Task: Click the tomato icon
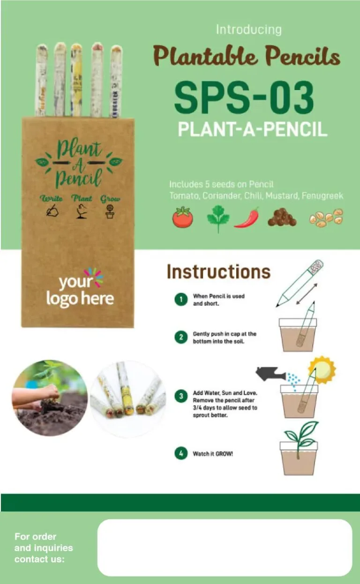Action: pos(183,217)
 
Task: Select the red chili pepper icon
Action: pos(247,218)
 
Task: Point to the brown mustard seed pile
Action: pos(282,218)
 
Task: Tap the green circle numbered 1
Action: pos(181,299)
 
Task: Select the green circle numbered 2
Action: pos(181,337)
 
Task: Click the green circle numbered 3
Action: pos(181,396)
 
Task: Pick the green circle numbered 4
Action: pos(181,454)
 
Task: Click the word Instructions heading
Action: pos(218,272)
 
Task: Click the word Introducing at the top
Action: pos(249,30)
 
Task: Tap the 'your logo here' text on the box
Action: pos(80,290)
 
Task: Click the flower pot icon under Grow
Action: pos(110,212)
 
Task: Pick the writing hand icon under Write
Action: pos(52,211)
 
